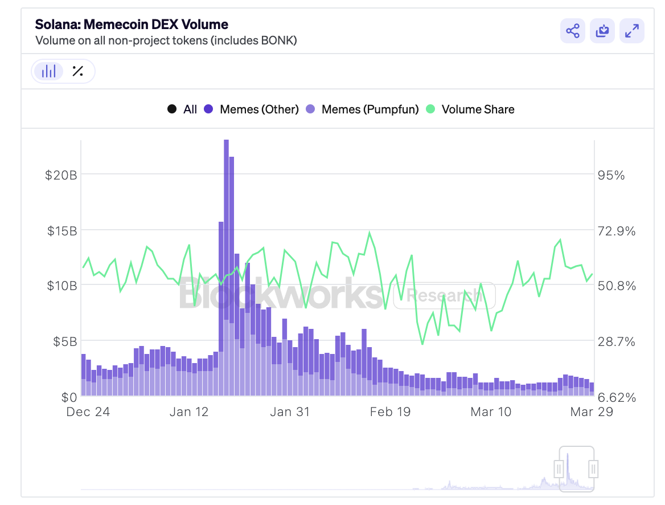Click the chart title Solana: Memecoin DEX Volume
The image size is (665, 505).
[132, 25]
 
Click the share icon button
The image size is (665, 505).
[573, 31]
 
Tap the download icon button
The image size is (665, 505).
[602, 31]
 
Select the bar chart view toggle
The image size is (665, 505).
[49, 71]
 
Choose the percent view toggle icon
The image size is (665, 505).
[78, 71]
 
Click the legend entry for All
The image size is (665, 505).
[182, 109]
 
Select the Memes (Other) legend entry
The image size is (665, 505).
[251, 109]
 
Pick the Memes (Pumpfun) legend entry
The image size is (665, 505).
[362, 109]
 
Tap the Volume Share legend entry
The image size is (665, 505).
[470, 109]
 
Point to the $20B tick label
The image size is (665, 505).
[61, 175]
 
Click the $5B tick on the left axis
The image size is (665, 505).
[64, 341]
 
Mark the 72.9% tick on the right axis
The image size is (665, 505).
[617, 231]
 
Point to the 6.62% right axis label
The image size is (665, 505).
[617, 397]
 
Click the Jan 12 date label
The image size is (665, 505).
[189, 412]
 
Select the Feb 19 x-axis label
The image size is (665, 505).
[390, 412]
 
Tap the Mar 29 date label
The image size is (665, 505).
[592, 412]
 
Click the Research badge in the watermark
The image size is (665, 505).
[444, 295]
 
